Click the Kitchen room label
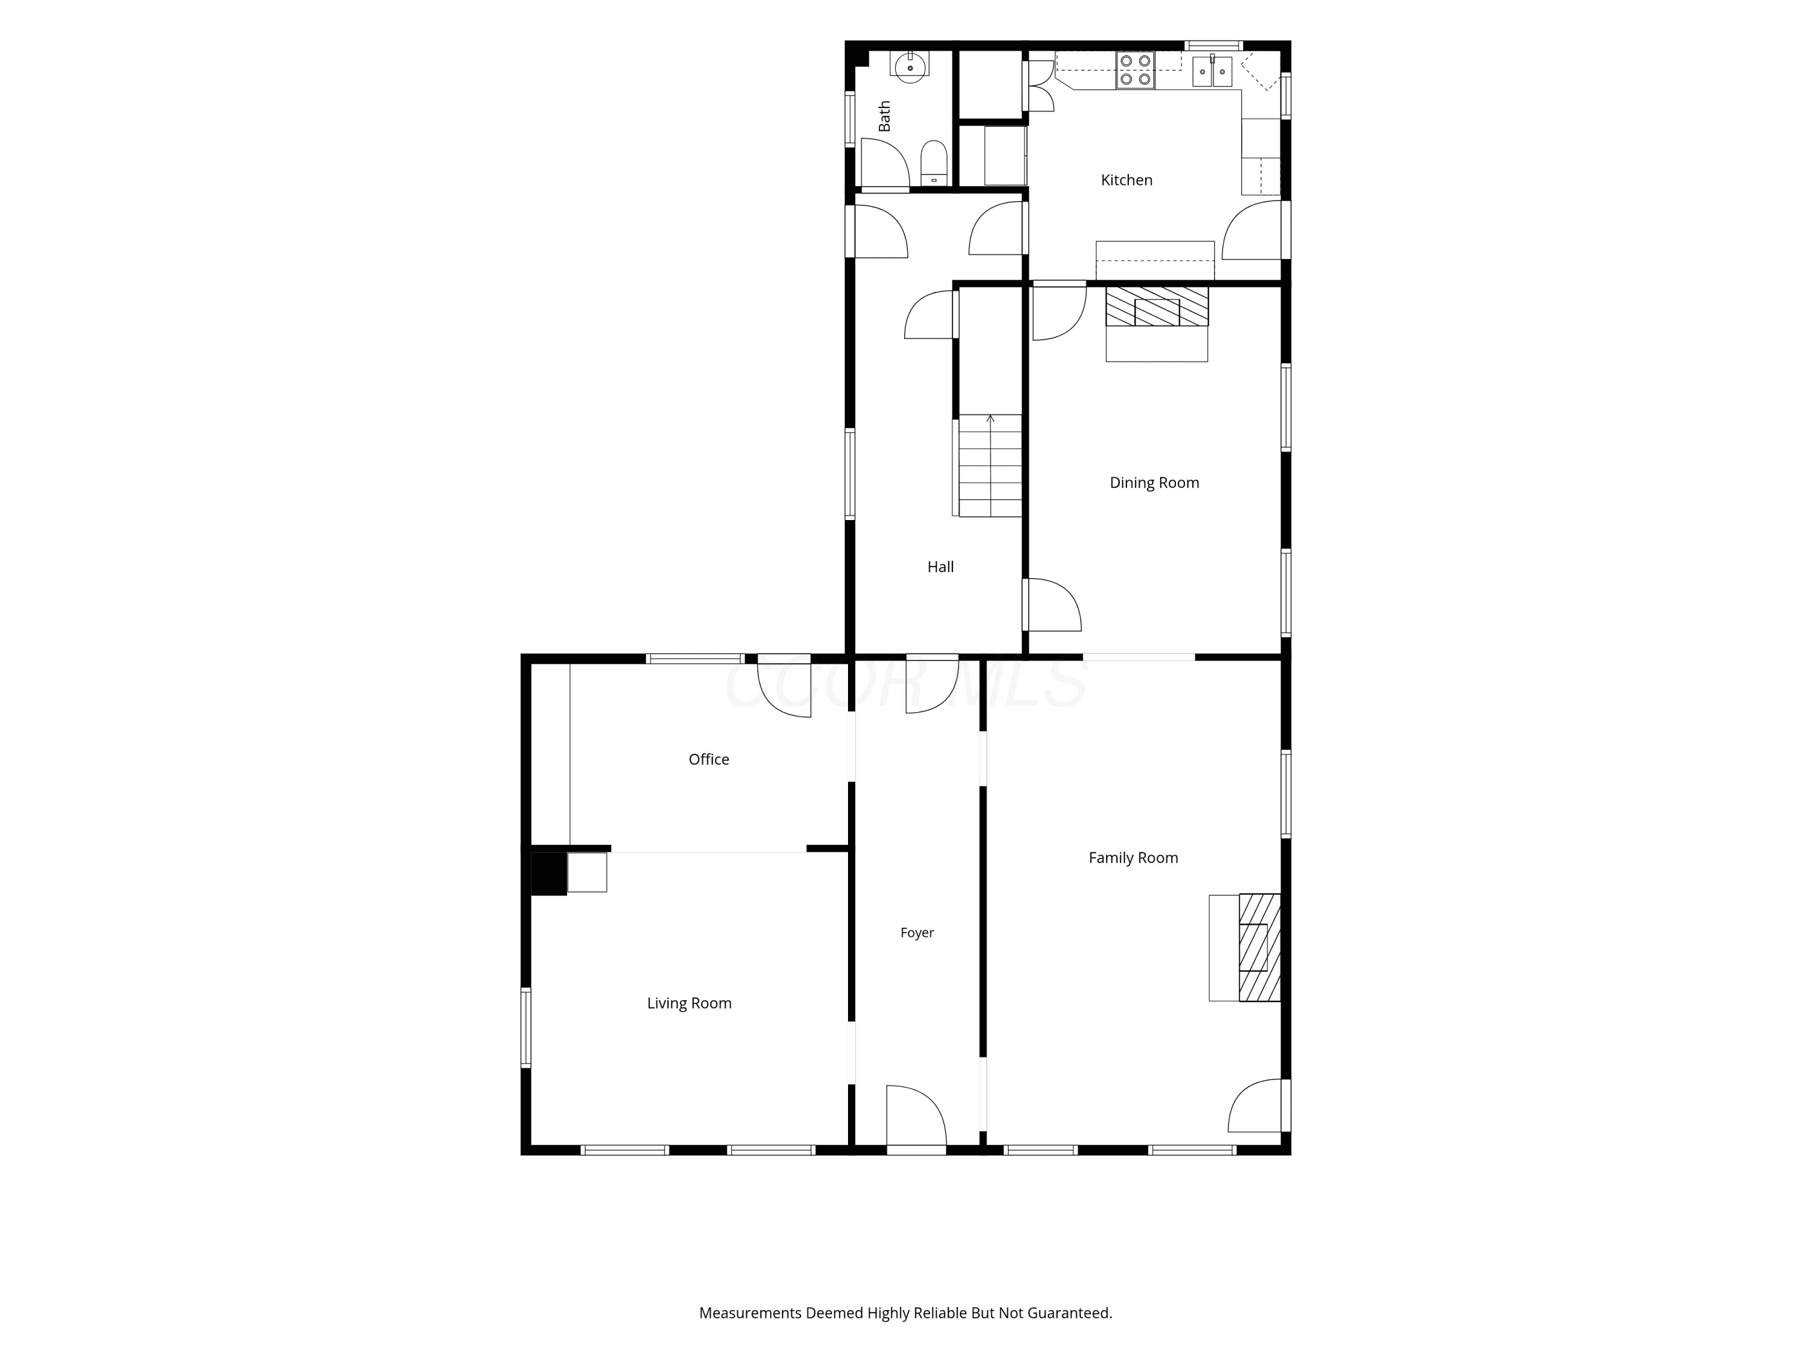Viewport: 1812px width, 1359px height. [1126, 180]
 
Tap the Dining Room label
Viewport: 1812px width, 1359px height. [1154, 483]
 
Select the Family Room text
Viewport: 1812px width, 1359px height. [1133, 858]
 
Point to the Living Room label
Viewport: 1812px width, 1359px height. [689, 1003]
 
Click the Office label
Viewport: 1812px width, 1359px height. [708, 759]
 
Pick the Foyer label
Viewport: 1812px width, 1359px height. [917, 932]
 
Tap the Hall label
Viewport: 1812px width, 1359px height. [940, 567]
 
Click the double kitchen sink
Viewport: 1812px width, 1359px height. [1212, 71]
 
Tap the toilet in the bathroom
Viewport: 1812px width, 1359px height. [934, 163]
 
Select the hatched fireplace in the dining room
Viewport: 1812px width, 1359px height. [1157, 306]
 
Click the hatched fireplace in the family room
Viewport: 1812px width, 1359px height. [1259, 947]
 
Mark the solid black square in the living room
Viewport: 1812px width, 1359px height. [548, 874]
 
